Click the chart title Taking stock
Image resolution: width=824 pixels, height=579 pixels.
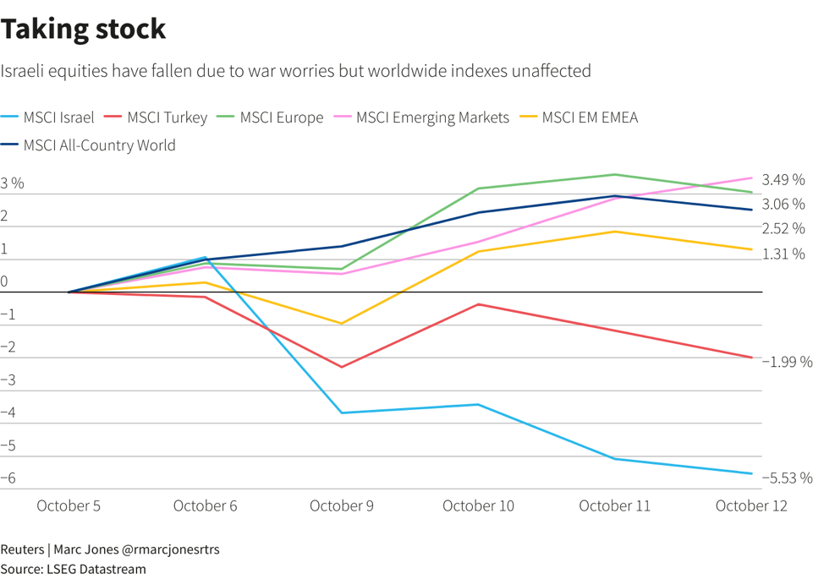pos(83,30)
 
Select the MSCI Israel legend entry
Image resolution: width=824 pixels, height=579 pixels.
pos(58,117)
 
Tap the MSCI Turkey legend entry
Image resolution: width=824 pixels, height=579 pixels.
pos(166,117)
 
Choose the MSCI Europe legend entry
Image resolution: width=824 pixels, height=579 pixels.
pos(281,117)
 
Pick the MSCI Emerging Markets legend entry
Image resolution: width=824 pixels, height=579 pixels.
pos(432,117)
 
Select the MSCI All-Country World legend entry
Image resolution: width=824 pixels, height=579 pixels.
pos(99,145)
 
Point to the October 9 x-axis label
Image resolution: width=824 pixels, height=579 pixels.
pos(342,505)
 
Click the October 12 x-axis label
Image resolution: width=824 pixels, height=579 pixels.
pos(751,505)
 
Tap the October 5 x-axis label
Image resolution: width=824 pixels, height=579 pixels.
pos(69,505)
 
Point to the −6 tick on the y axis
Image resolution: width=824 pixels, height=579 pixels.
pos(9,478)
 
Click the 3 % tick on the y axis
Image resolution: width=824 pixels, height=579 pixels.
pos(13,183)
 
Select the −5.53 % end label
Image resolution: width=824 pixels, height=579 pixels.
pos(787,478)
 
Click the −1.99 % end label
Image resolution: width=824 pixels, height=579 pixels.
pos(787,362)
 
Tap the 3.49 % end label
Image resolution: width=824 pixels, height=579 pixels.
pos(783,180)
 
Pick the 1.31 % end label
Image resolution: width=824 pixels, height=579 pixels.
pos(783,254)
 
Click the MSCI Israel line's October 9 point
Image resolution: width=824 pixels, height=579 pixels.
pos(342,412)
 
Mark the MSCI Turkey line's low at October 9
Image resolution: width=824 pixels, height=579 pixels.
pos(342,367)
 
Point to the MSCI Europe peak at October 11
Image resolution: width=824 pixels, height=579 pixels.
pos(615,175)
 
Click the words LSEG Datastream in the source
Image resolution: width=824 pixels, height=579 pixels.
pos(95,569)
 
